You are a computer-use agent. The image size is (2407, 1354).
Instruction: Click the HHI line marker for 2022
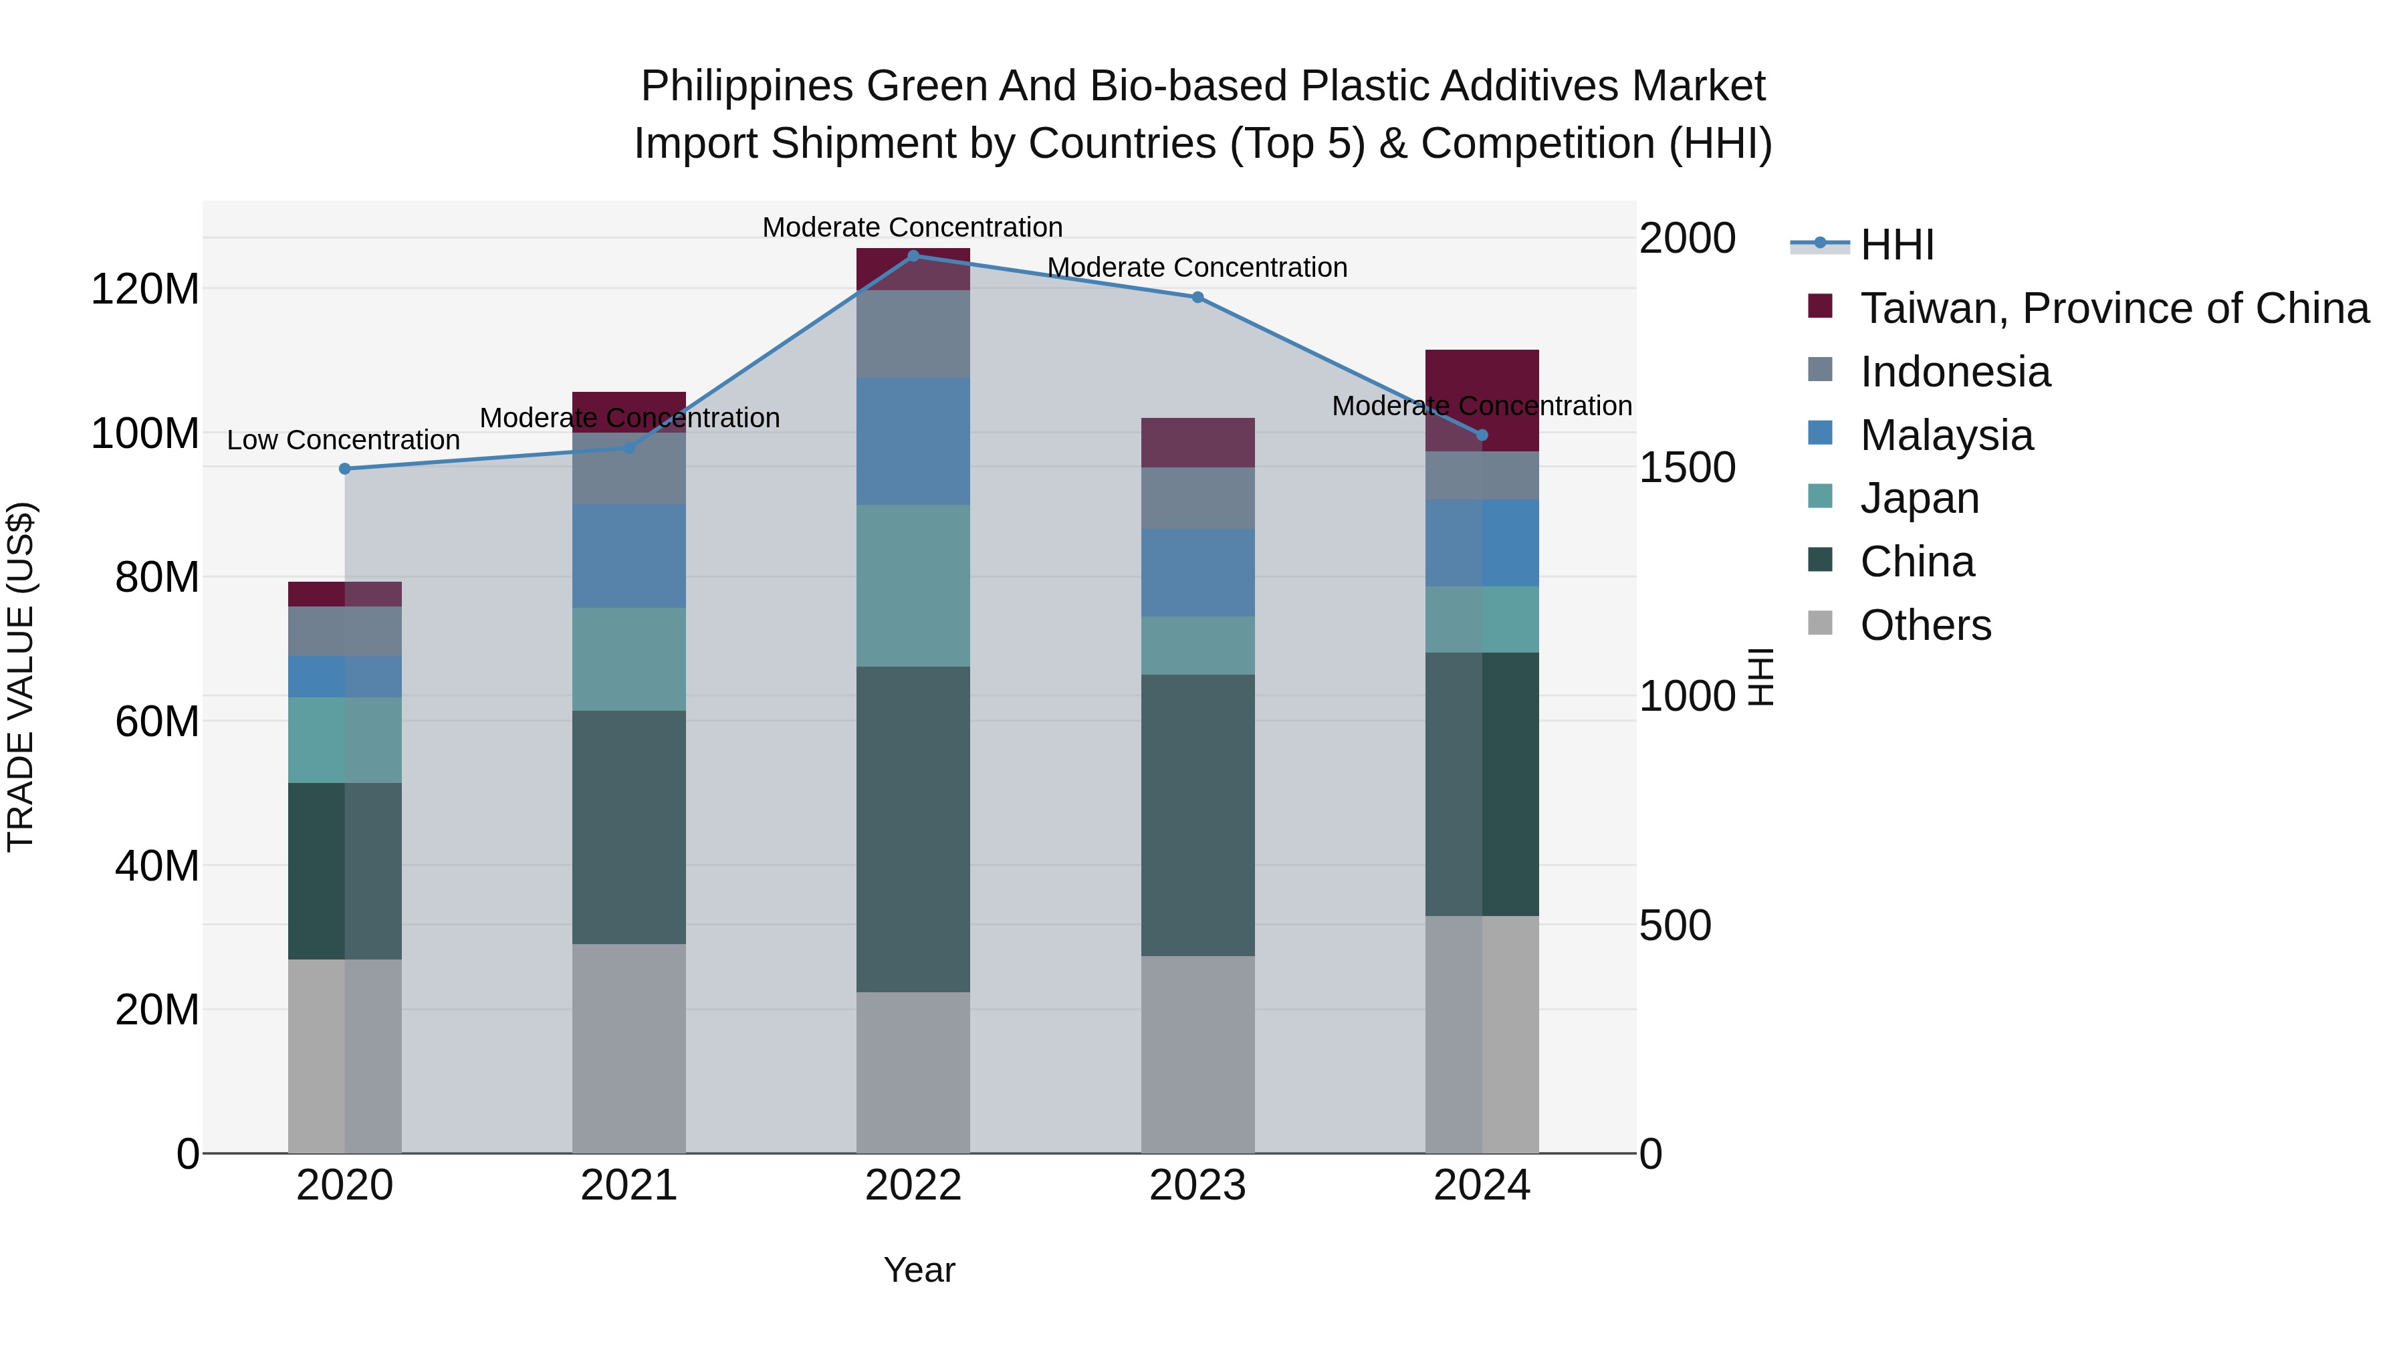913,255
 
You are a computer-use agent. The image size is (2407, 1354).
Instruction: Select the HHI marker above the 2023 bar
1197,297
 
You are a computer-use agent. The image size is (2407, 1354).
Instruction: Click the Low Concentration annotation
343,440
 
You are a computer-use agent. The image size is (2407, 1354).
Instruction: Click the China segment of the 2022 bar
913,829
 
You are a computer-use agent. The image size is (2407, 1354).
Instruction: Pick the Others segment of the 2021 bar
629,1048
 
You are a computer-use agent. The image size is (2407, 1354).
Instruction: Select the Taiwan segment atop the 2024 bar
1482,400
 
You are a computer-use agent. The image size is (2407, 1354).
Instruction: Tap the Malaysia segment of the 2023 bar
1197,573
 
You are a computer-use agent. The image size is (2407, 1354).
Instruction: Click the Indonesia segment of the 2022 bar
913,334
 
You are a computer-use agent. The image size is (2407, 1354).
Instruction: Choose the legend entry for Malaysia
1946,435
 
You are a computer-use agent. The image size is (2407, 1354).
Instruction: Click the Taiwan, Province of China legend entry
2113,308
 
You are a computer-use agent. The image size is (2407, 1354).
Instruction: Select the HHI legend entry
1896,245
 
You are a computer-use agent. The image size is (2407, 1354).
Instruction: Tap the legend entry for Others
1925,625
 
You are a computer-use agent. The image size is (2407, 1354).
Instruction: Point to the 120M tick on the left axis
145,289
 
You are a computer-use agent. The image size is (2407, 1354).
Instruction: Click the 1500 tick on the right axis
1687,467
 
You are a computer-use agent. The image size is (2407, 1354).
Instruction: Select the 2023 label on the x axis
1197,1186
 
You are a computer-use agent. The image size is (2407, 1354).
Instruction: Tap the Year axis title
919,1270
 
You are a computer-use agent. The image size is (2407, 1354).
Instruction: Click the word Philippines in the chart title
747,86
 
